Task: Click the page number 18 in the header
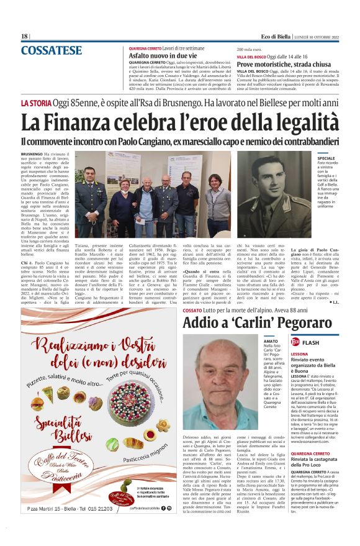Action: (24, 36)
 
